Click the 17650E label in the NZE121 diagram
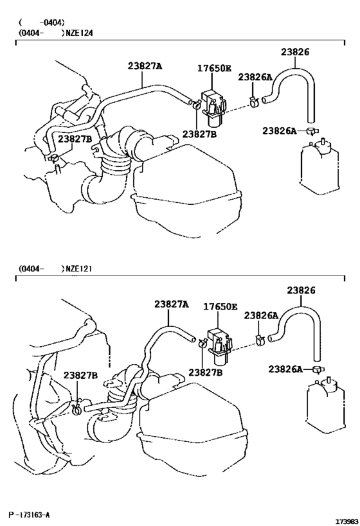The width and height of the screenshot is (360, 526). [x=221, y=307]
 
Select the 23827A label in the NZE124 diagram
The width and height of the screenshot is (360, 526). [x=145, y=66]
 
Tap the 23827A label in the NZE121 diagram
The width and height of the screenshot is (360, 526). [x=172, y=304]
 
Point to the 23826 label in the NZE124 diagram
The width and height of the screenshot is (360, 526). [x=295, y=52]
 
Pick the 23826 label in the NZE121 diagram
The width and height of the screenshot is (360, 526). [x=301, y=290]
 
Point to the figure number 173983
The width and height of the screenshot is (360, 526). [x=346, y=520]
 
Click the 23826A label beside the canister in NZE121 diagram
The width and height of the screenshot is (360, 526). [x=285, y=369]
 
